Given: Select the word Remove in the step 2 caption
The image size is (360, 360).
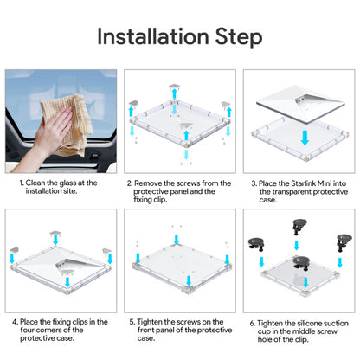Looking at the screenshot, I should pyautogui.click(x=152, y=183).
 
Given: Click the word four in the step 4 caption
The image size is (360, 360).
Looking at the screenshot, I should pyautogui.click(x=30, y=331).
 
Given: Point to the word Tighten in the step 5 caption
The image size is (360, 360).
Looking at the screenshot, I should pyautogui.click(x=152, y=322).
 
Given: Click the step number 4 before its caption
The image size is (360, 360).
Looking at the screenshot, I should pyautogui.click(x=15, y=322).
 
